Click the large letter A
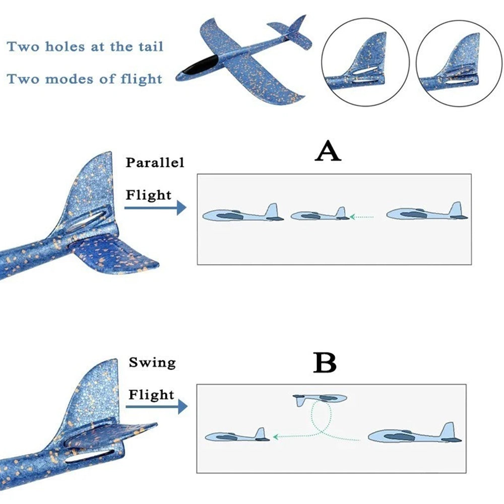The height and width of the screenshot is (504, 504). (x=328, y=150)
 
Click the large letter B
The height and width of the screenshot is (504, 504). (x=325, y=363)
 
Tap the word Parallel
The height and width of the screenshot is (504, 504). (x=155, y=162)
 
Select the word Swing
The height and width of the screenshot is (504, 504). (x=152, y=363)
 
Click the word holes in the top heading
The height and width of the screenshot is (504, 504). (x=66, y=46)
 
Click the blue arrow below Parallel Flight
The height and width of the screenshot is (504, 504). (x=155, y=208)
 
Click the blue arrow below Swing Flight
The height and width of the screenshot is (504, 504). (x=157, y=407)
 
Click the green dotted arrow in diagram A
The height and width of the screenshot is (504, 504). (x=362, y=217)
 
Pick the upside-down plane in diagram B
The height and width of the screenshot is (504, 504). (x=320, y=400)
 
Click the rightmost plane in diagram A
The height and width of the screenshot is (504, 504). (x=427, y=212)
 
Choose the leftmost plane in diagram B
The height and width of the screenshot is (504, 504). (x=237, y=435)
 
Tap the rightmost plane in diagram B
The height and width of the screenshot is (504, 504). (x=415, y=434)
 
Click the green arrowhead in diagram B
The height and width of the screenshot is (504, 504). (x=276, y=437)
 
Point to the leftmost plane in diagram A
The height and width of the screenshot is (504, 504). (x=243, y=213)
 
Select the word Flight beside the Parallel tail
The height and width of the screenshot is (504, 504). (x=149, y=195)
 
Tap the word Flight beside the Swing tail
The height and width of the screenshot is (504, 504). (x=151, y=395)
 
